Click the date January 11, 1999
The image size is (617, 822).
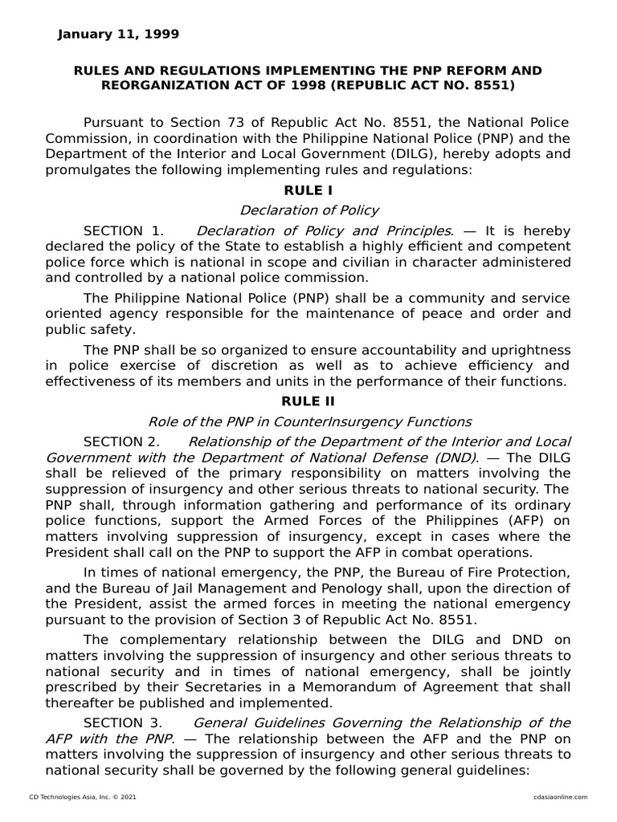pos(119,34)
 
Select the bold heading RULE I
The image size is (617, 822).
pos(308,190)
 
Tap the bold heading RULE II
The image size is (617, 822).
pos(308,401)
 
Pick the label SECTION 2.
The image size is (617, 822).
pos(121,442)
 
